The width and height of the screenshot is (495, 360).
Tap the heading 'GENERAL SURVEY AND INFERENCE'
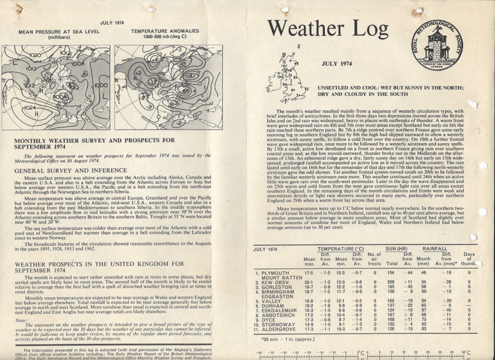pyautogui.click(x=71, y=170)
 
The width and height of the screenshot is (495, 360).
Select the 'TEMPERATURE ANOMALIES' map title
pyautogui.click(x=165, y=31)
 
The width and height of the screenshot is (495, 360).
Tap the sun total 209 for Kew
pyautogui.click(x=391, y=282)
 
